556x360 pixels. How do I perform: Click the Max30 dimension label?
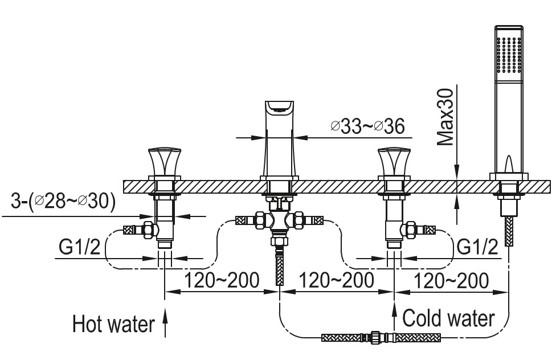click(446, 117)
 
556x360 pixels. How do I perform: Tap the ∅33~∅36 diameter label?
click(367, 126)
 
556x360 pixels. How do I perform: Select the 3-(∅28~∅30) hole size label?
click(63, 201)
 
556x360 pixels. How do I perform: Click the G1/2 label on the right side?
click(477, 247)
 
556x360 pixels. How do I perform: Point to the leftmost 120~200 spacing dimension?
click(222, 280)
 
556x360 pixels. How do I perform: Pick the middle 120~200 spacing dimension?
click(337, 280)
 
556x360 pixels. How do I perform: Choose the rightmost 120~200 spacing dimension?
click(451, 280)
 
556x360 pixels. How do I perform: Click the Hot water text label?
click(113, 324)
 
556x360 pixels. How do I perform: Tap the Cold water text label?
click(448, 318)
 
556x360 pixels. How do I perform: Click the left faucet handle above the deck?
click(165, 162)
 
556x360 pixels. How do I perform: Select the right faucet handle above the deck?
click(394, 162)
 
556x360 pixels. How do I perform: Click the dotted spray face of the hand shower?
click(509, 56)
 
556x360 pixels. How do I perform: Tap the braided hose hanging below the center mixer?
click(279, 271)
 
